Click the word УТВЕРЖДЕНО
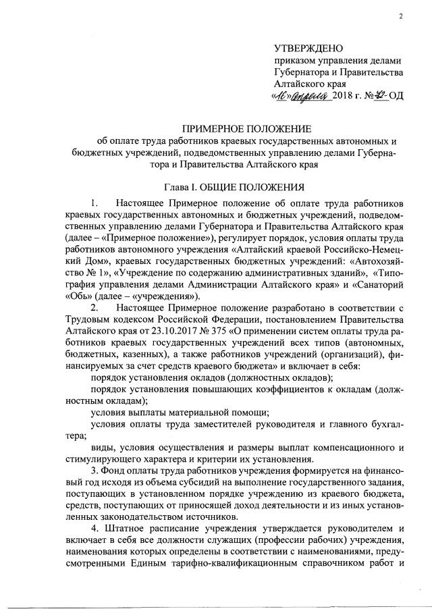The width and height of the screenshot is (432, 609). (x=308, y=48)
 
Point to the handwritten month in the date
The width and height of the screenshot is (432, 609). (x=309, y=97)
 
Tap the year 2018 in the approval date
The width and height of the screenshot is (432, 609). (x=345, y=97)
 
